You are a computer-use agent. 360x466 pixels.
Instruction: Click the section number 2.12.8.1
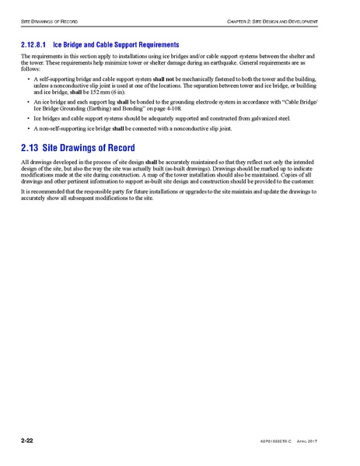[x=34, y=45]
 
